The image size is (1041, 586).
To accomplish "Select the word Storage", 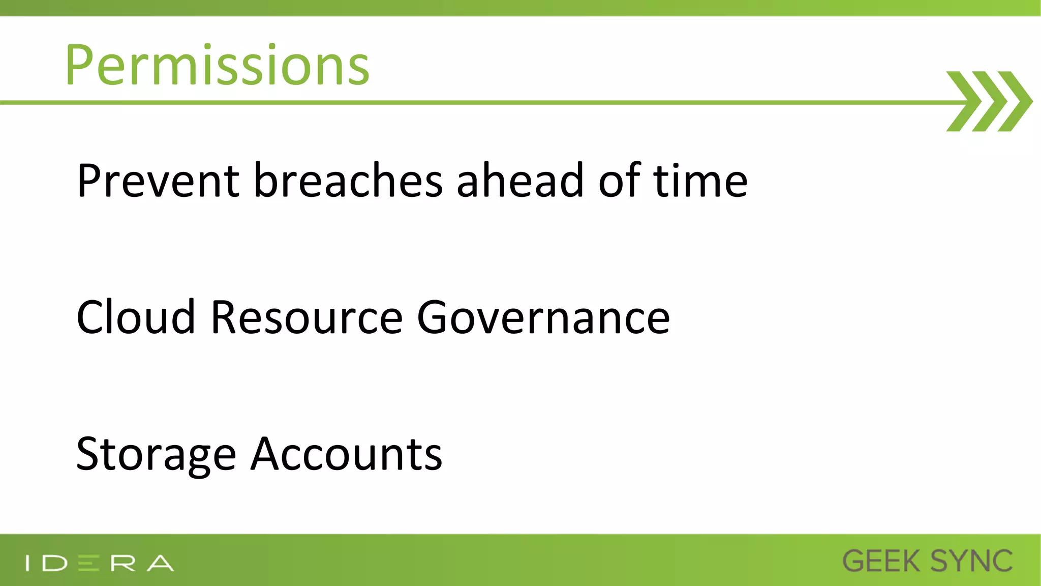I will pyautogui.click(x=156, y=454).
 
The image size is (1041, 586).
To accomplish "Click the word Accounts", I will pyautogui.click(x=347, y=454).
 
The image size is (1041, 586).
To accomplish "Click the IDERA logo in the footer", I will pyautogui.click(x=100, y=563).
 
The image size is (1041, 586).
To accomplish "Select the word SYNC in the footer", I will pyautogui.click(x=971, y=562).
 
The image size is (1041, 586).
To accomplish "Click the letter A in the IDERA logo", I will pyautogui.click(x=161, y=563).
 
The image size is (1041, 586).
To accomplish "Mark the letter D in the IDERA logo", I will pyautogui.click(x=55, y=563).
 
